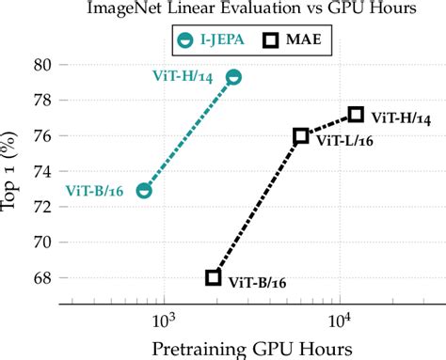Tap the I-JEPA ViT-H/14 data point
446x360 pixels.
pyautogui.click(x=233, y=77)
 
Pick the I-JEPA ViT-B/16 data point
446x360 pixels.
pyautogui.click(x=144, y=190)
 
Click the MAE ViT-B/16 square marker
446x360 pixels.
pyautogui.click(x=214, y=277)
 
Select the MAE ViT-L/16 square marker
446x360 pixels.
pyautogui.click(x=300, y=136)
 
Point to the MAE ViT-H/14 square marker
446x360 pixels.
pyautogui.click(x=356, y=115)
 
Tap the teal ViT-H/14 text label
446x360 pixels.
pyautogui.click(x=187, y=75)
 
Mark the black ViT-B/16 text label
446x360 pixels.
pyautogui.click(x=259, y=282)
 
